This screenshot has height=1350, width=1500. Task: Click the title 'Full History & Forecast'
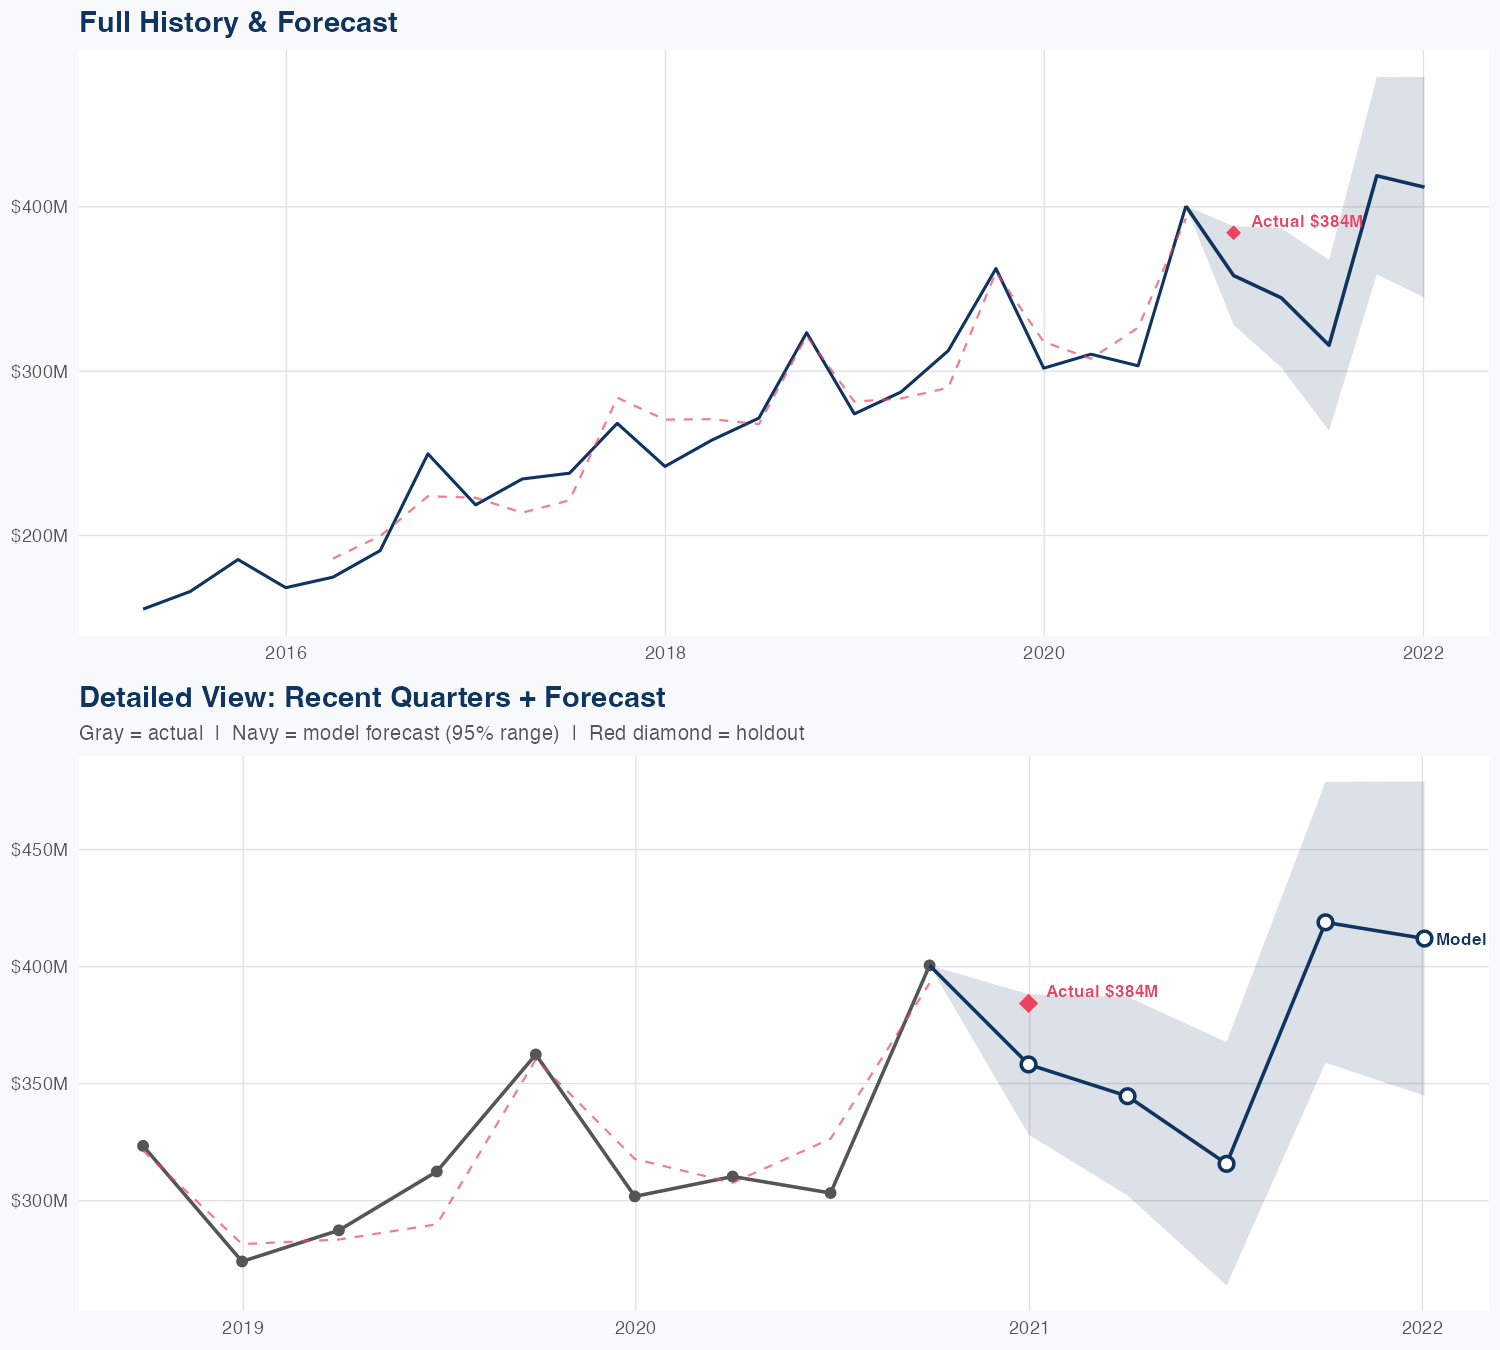click(x=238, y=22)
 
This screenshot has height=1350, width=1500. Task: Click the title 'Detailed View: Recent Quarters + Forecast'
click(x=372, y=697)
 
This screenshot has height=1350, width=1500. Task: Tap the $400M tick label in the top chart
click(x=39, y=207)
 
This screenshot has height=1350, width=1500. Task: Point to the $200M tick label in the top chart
click(x=39, y=535)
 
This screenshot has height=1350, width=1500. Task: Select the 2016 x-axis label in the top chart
click(x=286, y=654)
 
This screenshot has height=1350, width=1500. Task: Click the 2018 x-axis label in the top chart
click(x=665, y=654)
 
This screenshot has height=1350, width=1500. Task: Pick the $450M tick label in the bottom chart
click(x=39, y=850)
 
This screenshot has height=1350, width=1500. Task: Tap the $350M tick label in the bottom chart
click(x=39, y=1084)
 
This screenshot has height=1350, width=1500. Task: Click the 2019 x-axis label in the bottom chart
click(x=242, y=1328)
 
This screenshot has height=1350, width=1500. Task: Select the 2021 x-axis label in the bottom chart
click(x=1029, y=1328)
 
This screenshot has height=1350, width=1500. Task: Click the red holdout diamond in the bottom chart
click(x=1029, y=1003)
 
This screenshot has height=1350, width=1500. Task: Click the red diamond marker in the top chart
click(x=1234, y=233)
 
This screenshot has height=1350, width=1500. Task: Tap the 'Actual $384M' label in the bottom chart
click(x=1102, y=991)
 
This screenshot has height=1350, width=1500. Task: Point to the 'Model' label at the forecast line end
click(x=1461, y=940)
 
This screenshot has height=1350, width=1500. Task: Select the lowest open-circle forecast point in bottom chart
click(x=1226, y=1163)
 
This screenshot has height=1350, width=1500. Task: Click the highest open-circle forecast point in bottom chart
click(x=1325, y=922)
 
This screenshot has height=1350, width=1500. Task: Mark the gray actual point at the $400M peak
click(x=929, y=966)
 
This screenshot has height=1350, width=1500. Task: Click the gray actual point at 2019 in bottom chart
click(x=242, y=1261)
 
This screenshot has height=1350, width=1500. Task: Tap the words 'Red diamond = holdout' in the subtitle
click(x=697, y=733)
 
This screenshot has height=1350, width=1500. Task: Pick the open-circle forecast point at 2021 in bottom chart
click(x=1029, y=1064)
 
